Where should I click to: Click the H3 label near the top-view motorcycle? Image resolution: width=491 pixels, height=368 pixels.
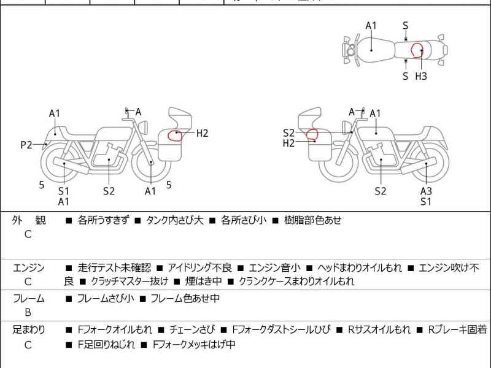click(421, 77)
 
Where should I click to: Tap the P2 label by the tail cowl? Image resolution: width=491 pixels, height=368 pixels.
click(26, 145)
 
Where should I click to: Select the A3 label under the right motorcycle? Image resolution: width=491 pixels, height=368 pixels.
click(426, 191)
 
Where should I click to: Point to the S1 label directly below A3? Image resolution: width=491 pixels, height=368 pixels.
click(426, 201)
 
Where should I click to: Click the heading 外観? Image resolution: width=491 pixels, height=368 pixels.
click(29, 220)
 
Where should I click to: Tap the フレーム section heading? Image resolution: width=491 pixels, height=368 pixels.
click(29, 299)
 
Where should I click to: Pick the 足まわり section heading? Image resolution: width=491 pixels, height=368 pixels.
click(29, 330)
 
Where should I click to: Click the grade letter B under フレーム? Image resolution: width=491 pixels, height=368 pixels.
click(28, 312)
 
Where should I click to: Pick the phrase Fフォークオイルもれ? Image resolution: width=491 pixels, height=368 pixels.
click(115, 330)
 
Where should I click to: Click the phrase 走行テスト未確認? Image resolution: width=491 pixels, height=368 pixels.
click(114, 267)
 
